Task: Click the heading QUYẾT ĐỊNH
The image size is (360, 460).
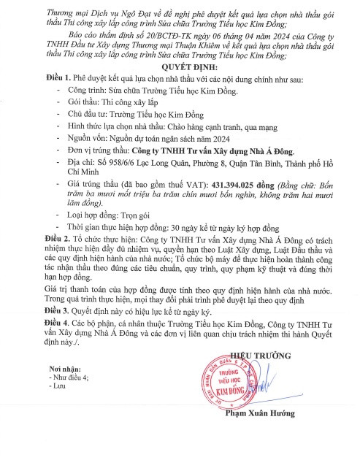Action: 180,63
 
